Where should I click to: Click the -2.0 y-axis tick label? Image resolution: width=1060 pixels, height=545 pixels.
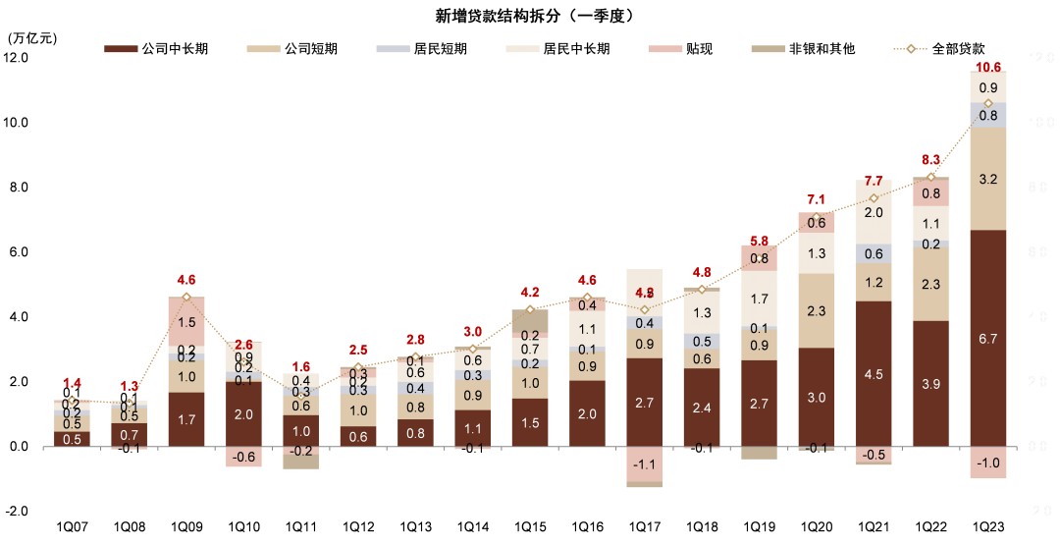(x=18, y=512)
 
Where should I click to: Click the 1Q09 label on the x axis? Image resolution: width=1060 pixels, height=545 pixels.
(x=186, y=527)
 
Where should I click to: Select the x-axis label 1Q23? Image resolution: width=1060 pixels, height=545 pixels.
(x=988, y=527)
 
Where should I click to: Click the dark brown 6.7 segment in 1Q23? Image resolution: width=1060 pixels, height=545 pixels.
(x=988, y=338)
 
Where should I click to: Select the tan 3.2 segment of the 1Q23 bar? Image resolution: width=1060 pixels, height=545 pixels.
(x=988, y=179)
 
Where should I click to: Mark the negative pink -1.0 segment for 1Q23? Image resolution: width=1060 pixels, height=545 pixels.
(x=988, y=463)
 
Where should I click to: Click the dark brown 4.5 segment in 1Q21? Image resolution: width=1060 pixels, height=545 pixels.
(x=874, y=373)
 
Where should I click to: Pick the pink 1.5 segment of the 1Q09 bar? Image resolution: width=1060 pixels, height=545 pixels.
(x=186, y=322)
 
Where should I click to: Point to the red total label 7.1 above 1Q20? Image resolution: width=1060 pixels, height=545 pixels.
(x=815, y=200)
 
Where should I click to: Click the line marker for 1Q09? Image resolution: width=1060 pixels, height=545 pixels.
(x=186, y=297)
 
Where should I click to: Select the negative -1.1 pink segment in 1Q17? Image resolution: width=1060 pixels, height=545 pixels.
(x=644, y=464)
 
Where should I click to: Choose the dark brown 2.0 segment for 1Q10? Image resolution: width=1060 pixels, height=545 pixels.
(x=243, y=413)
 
